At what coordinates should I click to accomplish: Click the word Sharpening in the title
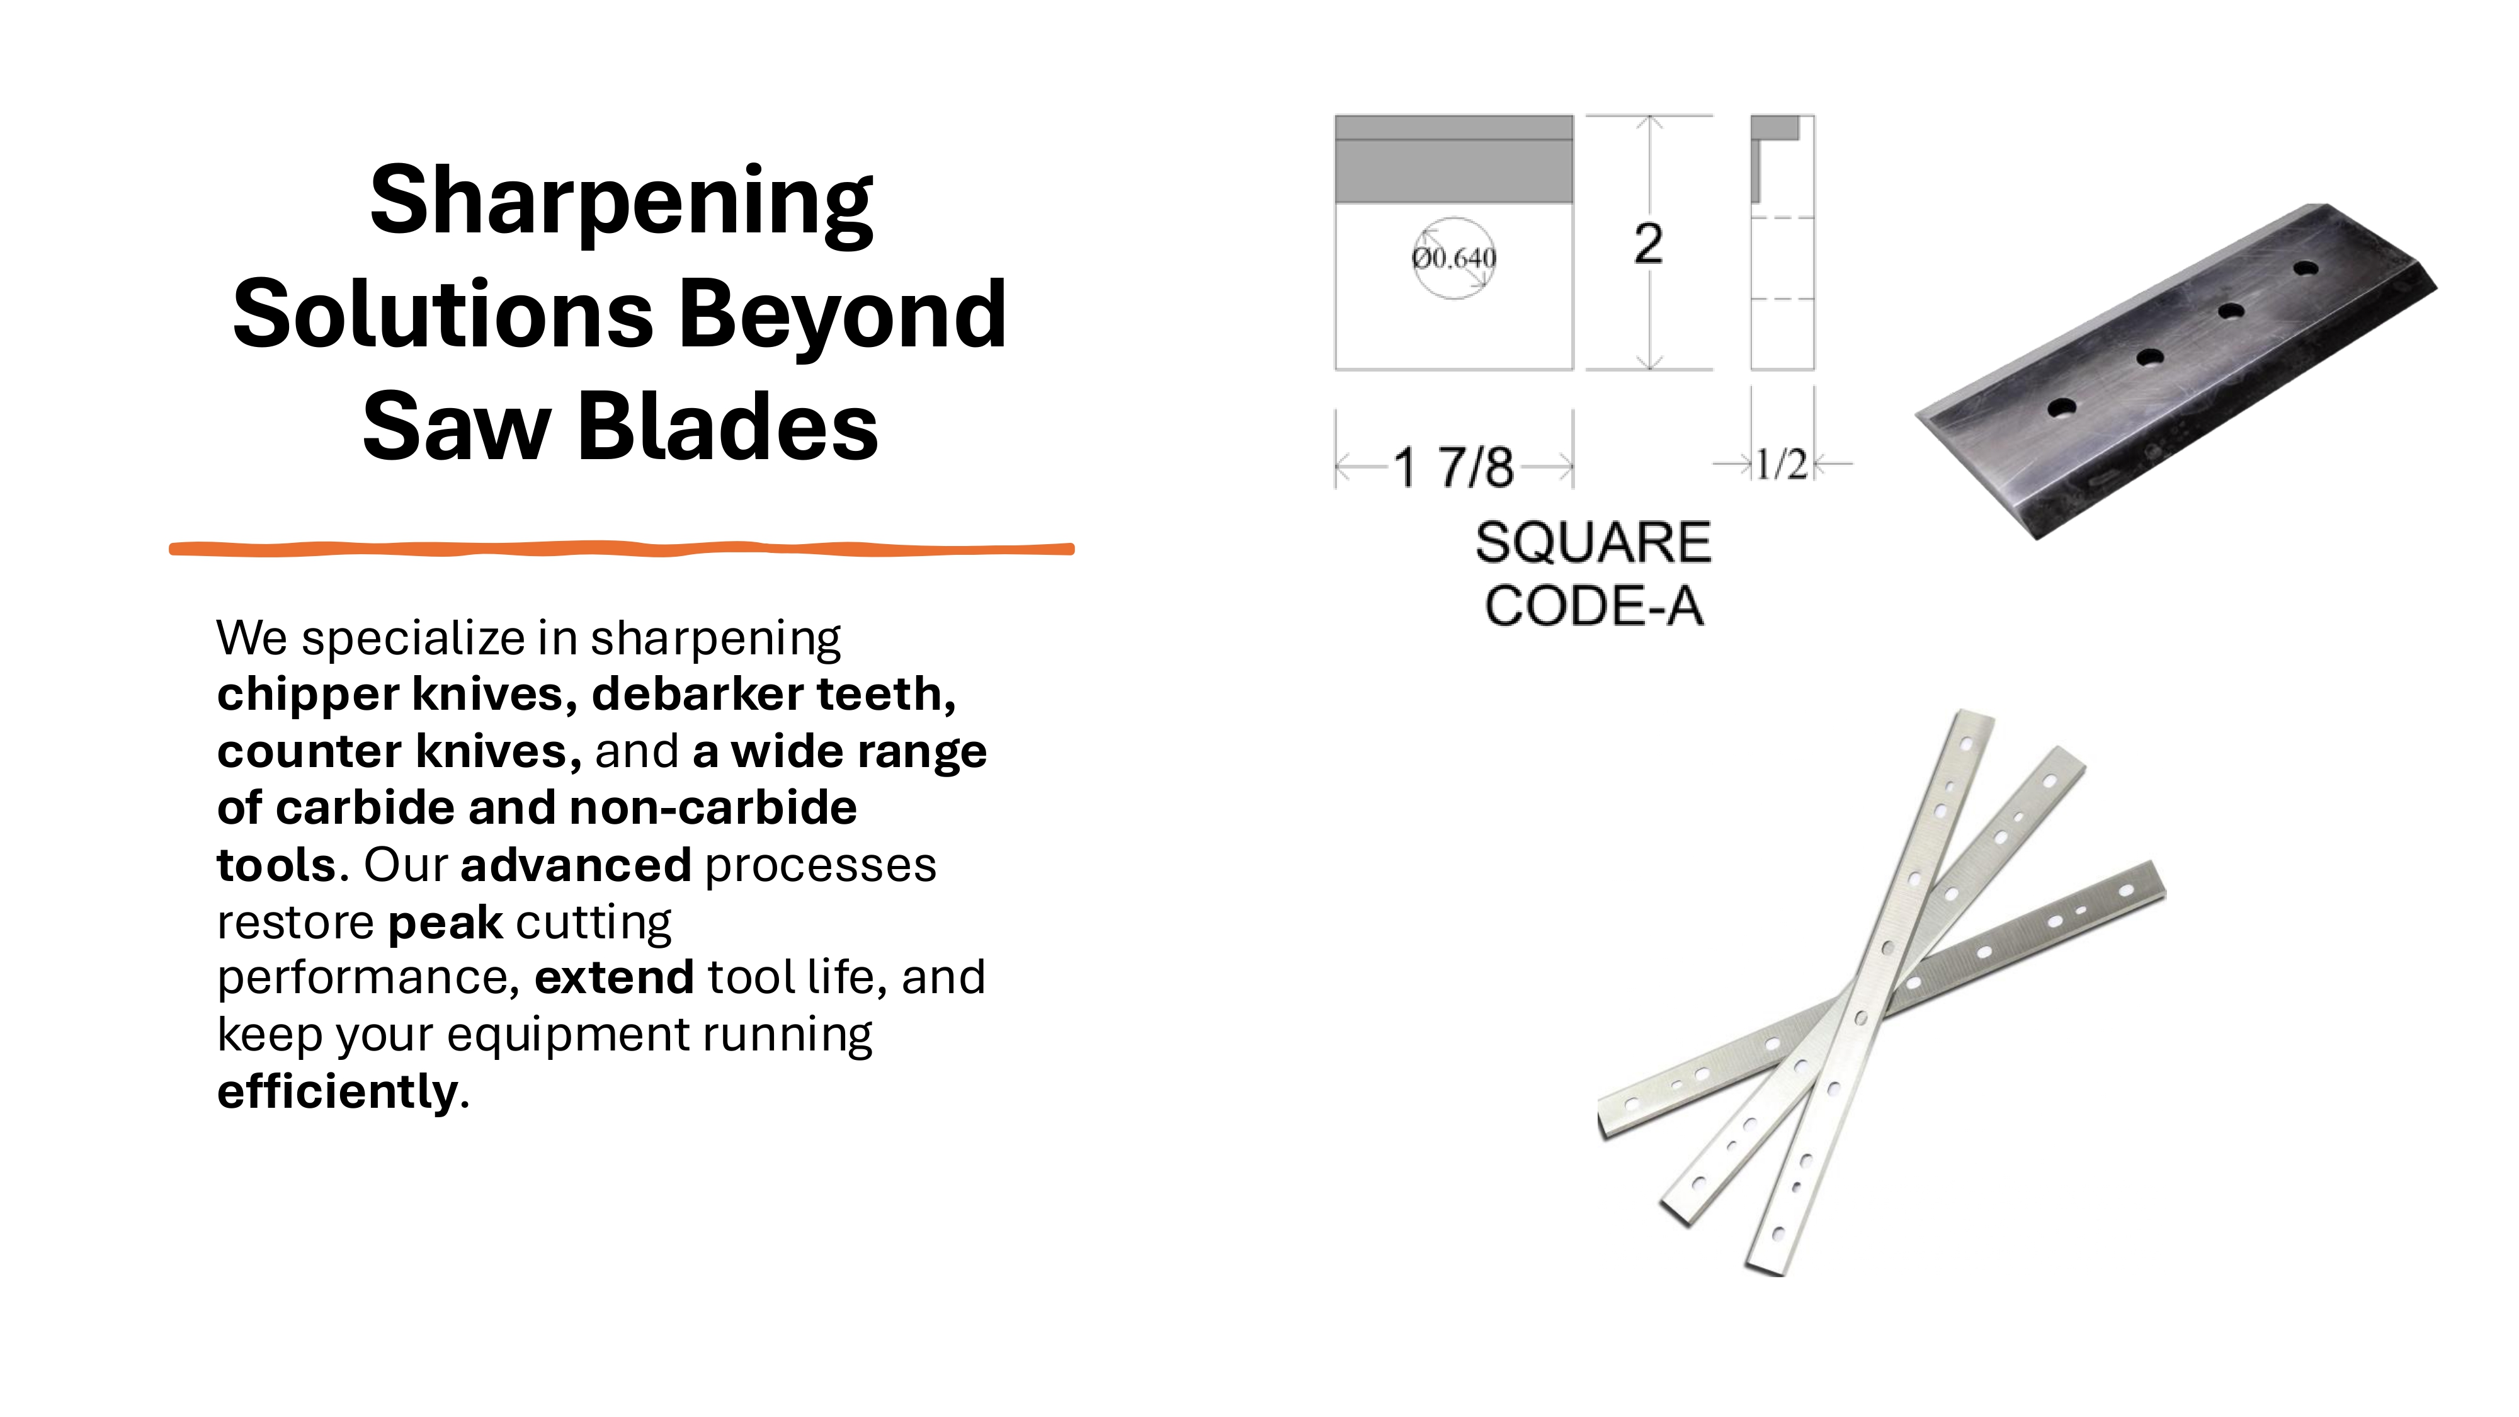coord(621,202)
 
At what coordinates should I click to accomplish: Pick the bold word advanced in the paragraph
coord(576,865)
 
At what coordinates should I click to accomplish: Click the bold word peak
coord(445,922)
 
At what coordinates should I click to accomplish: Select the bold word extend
coord(614,978)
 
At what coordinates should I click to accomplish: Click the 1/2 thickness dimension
coord(1781,465)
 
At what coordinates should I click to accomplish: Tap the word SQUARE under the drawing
coord(1593,543)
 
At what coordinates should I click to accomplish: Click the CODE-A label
coord(1593,606)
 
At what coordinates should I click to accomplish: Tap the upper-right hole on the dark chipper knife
coord(2305,267)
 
